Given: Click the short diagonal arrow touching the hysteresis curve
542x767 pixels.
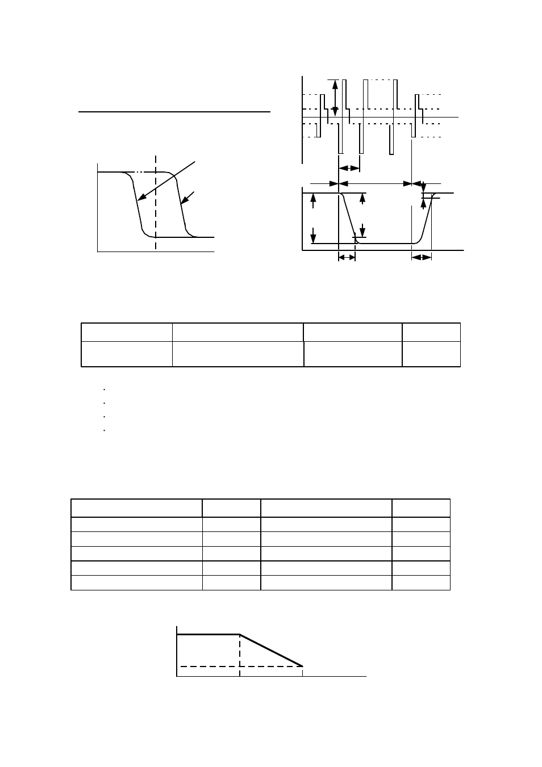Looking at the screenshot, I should click(x=186, y=199).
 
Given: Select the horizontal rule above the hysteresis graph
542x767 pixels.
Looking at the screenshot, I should click(x=174, y=112).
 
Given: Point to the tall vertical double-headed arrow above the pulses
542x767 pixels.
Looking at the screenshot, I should click(x=335, y=98).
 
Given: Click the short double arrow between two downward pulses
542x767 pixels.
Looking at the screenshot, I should click(x=349, y=167).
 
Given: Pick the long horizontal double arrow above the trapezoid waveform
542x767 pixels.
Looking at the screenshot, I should click(x=375, y=183).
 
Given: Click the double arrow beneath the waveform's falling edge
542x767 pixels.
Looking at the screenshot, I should click(x=347, y=257).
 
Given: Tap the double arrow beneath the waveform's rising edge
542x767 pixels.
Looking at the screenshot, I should click(x=421, y=257).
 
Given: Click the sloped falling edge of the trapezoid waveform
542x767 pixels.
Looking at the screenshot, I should click(x=348, y=218).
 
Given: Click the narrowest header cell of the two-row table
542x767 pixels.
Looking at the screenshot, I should click(x=431, y=332).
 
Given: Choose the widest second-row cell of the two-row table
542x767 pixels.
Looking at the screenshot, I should click(x=238, y=354).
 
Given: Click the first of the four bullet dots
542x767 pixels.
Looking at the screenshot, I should click(x=105, y=389).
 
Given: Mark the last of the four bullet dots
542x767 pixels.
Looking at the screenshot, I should click(x=105, y=431).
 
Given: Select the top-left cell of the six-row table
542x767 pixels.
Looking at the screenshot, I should click(x=137, y=508).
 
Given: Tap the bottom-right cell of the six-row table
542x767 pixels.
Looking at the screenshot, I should click(x=421, y=583).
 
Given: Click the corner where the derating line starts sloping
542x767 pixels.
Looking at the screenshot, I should click(x=240, y=635).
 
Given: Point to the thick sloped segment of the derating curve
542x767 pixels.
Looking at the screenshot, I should click(x=271, y=651).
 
